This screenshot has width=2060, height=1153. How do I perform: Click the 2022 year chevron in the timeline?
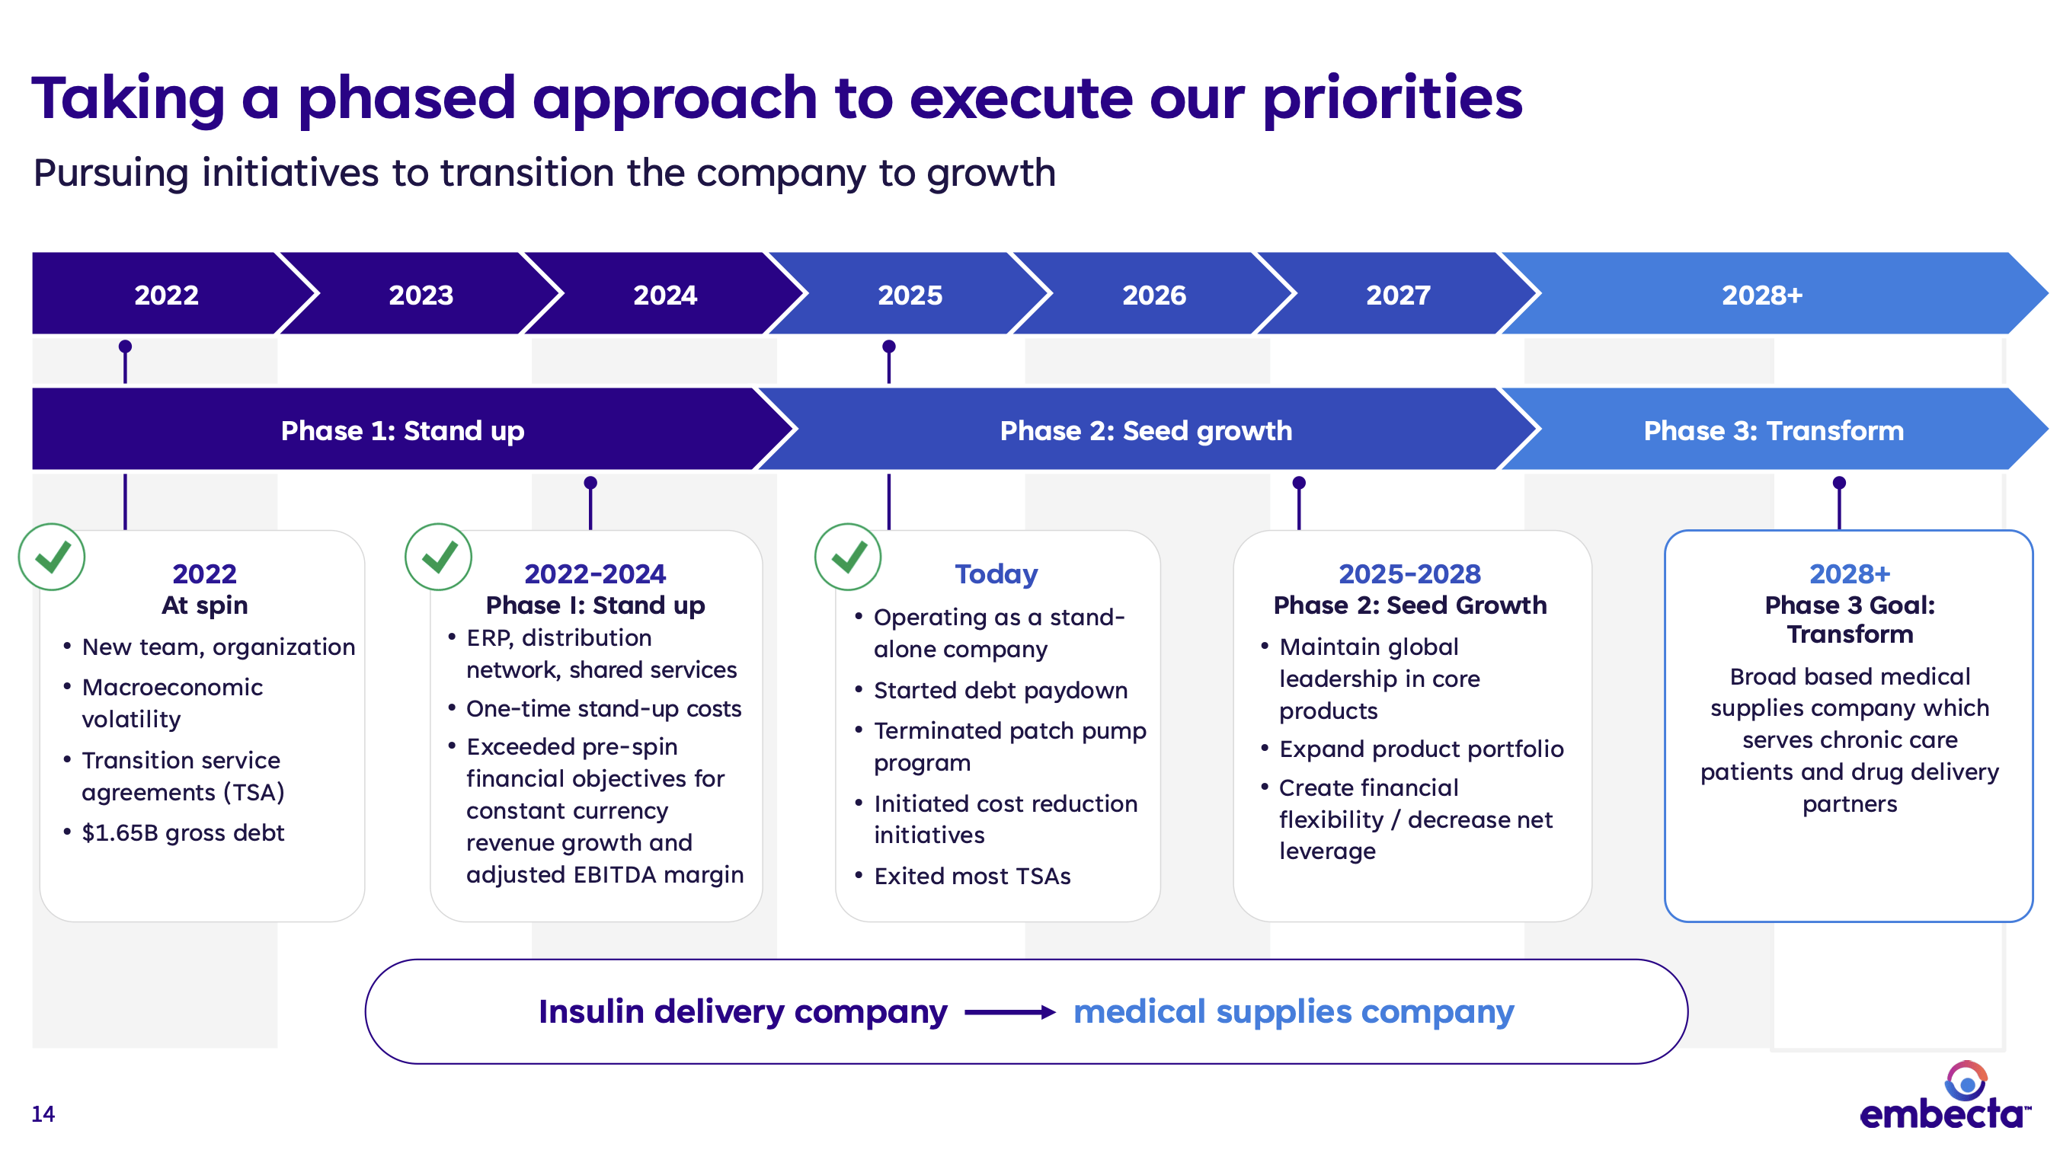point(166,295)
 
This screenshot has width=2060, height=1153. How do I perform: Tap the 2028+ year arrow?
point(1761,295)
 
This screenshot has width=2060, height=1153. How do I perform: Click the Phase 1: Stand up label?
point(402,431)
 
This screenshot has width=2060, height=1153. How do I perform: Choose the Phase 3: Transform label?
point(1773,431)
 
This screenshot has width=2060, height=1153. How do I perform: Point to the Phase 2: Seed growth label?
point(1145,431)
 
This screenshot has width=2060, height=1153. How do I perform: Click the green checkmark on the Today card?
point(848,557)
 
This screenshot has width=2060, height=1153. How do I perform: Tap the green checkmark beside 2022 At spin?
point(52,557)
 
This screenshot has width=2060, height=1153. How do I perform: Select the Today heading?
point(996,574)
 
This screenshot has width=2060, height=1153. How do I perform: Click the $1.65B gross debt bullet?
point(182,833)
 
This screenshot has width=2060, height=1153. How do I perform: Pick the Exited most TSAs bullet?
point(971,877)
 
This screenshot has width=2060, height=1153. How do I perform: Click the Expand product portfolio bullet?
point(1420,749)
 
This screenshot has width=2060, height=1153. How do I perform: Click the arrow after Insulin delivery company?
point(1009,1012)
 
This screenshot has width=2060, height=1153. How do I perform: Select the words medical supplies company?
point(1293,1012)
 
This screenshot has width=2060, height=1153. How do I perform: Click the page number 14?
point(43,1114)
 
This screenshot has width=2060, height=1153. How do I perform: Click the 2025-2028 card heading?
point(1409,574)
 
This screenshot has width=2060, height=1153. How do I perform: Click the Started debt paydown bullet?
point(1000,691)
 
